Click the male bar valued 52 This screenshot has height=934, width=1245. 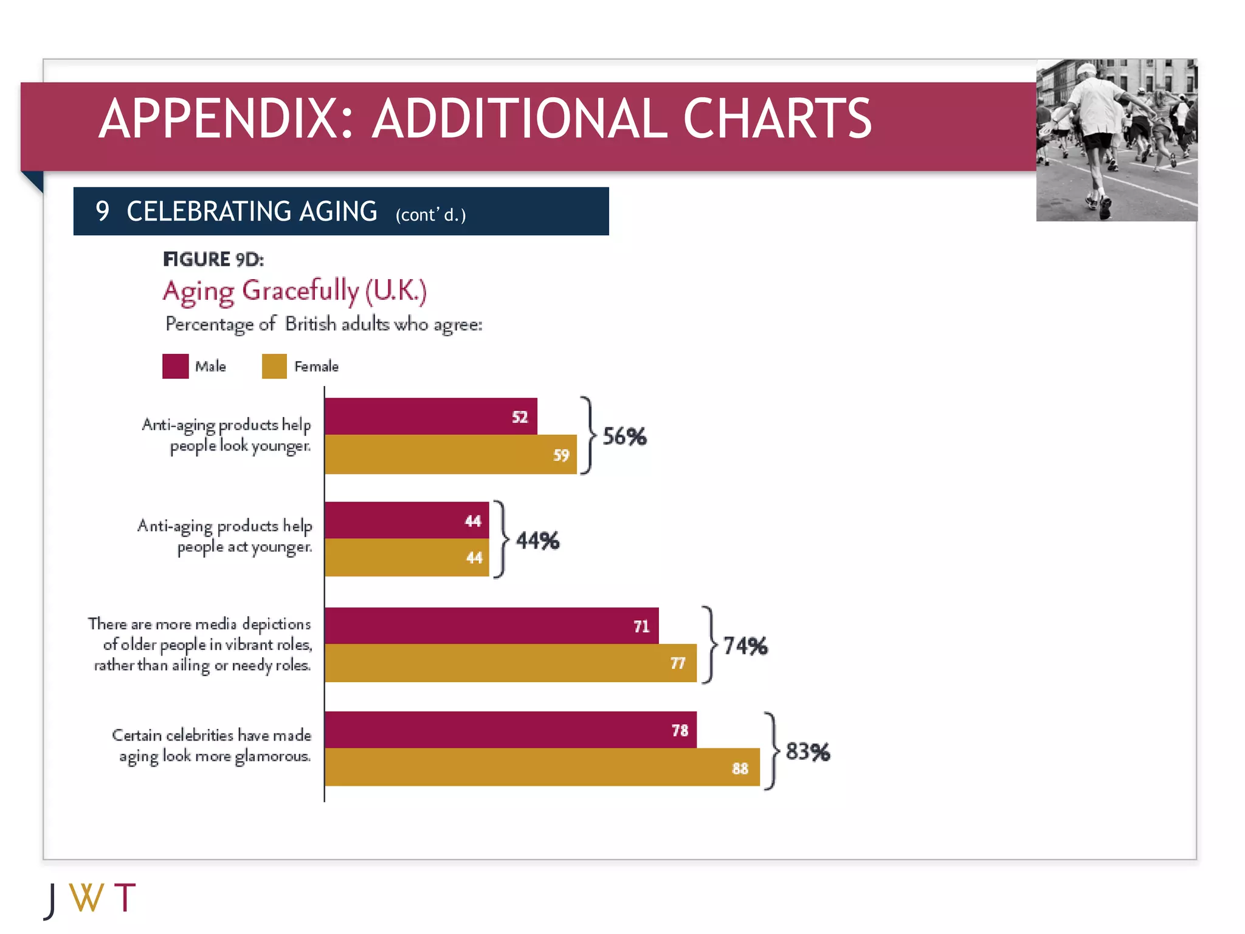tap(430, 417)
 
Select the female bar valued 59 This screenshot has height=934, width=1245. tap(450, 454)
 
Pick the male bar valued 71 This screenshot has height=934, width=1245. tap(491, 626)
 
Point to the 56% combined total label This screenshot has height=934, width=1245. tap(624, 437)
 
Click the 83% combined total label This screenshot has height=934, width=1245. tap(807, 752)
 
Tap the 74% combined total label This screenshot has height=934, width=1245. tap(745, 646)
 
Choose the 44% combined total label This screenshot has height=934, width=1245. tap(537, 541)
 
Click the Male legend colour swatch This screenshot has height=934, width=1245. tap(175, 366)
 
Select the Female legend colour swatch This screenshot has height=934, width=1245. tap(274, 366)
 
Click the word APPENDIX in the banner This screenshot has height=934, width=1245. tap(226, 119)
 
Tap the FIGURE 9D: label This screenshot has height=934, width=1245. tap(213, 260)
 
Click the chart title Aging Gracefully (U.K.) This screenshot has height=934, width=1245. tap(294, 291)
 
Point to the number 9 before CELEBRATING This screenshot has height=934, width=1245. tap(102, 212)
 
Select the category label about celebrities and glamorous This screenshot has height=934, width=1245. tap(212, 745)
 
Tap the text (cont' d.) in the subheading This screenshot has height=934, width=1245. tap(430, 215)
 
